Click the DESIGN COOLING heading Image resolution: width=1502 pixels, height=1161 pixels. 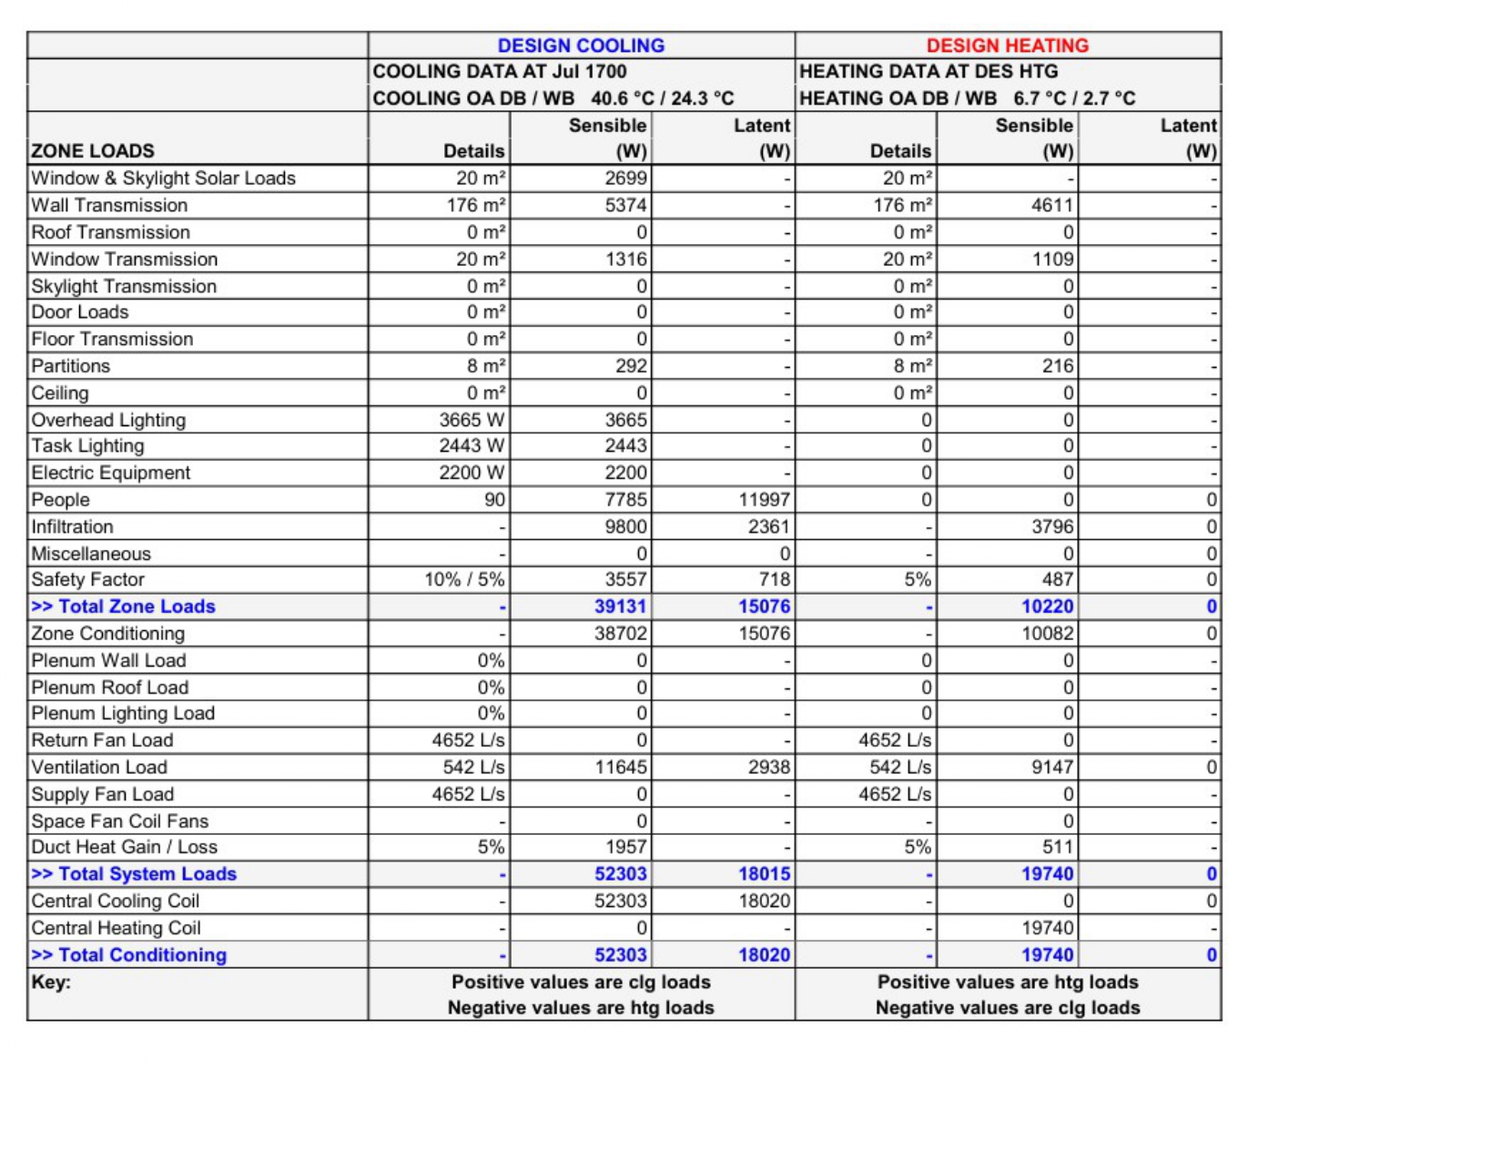(581, 46)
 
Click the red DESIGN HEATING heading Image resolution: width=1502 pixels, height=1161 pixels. (1007, 46)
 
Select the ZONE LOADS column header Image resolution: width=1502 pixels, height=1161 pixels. (93, 151)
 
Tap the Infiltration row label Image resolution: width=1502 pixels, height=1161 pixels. (73, 527)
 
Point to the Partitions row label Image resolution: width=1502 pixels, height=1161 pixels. (71, 366)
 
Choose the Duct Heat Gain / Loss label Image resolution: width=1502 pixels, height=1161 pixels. (125, 847)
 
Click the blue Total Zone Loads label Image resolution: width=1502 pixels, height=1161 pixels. (124, 606)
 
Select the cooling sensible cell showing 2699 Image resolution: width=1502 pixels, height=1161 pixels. (626, 178)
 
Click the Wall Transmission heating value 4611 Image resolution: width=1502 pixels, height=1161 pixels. (1052, 206)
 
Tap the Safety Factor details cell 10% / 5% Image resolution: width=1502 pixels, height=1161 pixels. (464, 580)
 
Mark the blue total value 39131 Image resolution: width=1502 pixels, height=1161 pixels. (621, 606)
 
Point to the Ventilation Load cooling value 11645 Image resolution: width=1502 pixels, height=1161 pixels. (621, 768)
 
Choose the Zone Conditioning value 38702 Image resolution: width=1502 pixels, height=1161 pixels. (621, 634)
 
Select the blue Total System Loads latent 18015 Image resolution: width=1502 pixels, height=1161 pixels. (764, 874)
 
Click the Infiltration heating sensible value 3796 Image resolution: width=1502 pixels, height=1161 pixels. (1052, 527)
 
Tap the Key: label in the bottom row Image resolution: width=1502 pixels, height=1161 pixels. (51, 983)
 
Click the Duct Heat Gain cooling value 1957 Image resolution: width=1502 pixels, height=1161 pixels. (626, 847)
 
